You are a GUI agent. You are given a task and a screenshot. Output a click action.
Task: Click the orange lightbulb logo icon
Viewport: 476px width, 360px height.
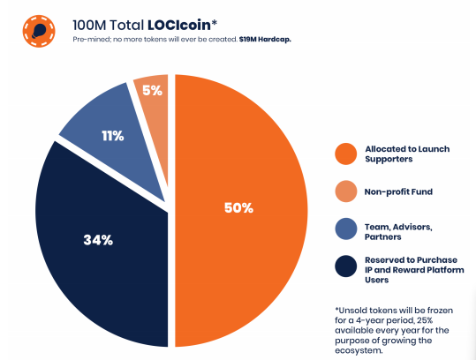[39, 31]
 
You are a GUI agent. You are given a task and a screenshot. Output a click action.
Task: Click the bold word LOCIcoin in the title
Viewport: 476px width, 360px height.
[179, 25]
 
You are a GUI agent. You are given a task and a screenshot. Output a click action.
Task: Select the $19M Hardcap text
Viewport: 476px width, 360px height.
[265, 40]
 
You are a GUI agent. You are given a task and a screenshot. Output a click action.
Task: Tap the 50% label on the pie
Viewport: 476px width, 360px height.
[238, 208]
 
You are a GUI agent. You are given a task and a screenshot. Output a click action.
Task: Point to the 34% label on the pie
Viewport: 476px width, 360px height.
[98, 240]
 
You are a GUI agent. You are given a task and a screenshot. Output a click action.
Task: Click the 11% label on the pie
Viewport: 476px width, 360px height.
[113, 136]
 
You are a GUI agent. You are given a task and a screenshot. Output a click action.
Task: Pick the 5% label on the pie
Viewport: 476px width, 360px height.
[153, 90]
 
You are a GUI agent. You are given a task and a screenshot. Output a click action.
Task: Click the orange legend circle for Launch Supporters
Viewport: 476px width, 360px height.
[346, 154]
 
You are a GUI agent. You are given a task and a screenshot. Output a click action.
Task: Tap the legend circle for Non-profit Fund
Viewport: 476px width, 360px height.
[346, 191]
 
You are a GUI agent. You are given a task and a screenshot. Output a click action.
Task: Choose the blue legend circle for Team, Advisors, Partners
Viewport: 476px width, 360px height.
[346, 229]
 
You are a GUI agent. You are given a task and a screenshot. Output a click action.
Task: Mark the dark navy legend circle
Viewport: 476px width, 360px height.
[346, 266]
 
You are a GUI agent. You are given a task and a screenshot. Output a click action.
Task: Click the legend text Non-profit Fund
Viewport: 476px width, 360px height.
[398, 192]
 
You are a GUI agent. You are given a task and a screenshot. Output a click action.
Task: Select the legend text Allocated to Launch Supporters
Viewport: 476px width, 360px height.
[407, 154]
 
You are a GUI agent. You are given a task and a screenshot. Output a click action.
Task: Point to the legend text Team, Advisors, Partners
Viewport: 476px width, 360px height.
[398, 232]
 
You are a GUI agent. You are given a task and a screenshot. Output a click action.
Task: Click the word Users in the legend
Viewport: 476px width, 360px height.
[376, 280]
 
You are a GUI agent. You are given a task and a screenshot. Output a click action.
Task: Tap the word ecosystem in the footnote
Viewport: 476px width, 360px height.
[359, 350]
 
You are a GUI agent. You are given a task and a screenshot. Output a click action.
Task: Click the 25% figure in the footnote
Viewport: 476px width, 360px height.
[425, 320]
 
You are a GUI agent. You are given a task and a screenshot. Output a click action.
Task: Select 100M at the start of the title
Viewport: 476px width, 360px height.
[89, 26]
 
